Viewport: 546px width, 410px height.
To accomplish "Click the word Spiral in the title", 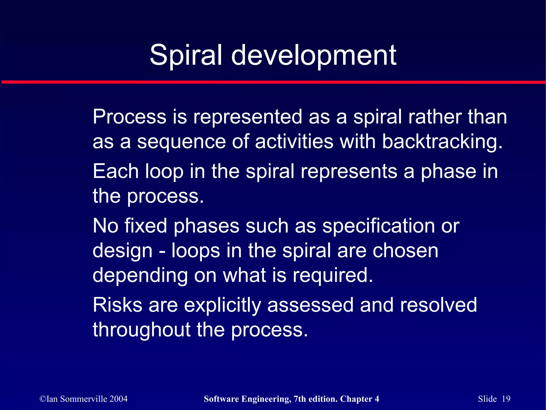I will point(186,55).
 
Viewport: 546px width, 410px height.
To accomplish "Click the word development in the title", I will point(314,55).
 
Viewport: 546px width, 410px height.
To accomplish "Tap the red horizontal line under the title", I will point(273,82).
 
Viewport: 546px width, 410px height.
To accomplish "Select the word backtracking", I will point(442,142).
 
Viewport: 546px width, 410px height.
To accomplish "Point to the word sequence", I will point(181,142).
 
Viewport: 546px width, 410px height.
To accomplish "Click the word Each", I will point(115,171).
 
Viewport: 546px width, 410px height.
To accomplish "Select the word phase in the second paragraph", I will point(448,172).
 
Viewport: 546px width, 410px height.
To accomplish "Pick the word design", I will point(122,251).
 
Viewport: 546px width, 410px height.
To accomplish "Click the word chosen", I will point(405,250).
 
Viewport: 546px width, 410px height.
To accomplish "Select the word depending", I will point(140,276).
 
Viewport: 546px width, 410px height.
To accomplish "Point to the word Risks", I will point(117,305).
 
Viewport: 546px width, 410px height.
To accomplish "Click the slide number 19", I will point(506,399).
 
